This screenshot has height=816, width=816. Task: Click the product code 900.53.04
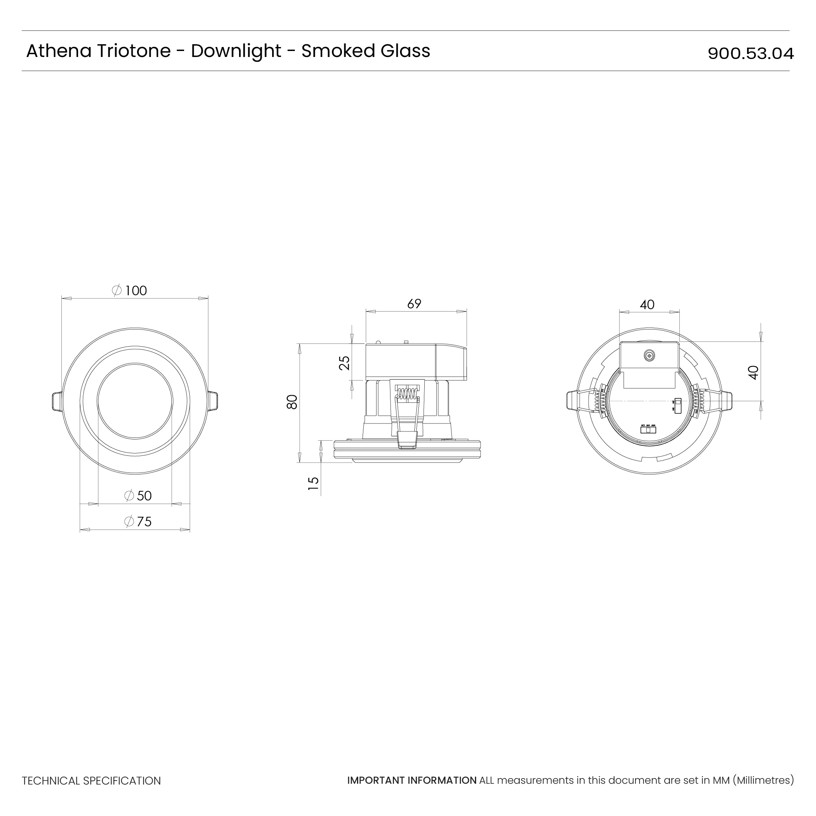[x=750, y=54]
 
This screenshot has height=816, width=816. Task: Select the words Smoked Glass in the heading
[x=365, y=51]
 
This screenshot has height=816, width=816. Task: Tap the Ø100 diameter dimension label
[x=129, y=290]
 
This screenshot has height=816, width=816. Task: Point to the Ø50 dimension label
[x=138, y=495]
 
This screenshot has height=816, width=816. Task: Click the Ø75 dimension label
[x=138, y=522]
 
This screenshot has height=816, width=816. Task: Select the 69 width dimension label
[x=414, y=304]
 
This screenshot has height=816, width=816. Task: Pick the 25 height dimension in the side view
[x=345, y=363]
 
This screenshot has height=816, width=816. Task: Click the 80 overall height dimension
[x=292, y=402]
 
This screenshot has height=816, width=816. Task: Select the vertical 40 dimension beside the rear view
[x=753, y=373]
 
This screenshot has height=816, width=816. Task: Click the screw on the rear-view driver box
[x=649, y=356]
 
